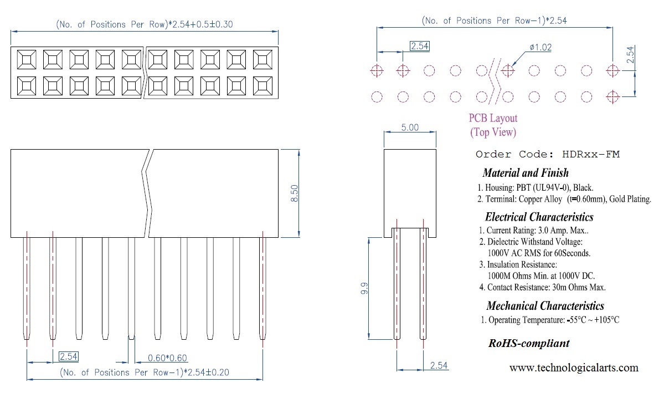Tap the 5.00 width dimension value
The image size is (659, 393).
410,127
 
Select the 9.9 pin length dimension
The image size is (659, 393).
363,288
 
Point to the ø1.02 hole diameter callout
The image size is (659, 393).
540,48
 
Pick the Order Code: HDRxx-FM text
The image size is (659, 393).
547,154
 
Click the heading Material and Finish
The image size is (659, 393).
525,173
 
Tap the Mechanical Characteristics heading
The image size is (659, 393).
545,306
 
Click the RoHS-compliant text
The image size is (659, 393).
528,343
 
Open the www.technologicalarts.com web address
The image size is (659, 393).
573,368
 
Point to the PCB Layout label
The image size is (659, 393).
493,118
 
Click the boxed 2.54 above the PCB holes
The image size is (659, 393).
419,47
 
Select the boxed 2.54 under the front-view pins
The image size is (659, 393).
69,356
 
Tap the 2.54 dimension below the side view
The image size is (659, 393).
437,366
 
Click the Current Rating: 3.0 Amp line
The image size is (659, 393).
537,230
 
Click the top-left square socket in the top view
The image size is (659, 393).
27,59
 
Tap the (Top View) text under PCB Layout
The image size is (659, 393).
493,132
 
